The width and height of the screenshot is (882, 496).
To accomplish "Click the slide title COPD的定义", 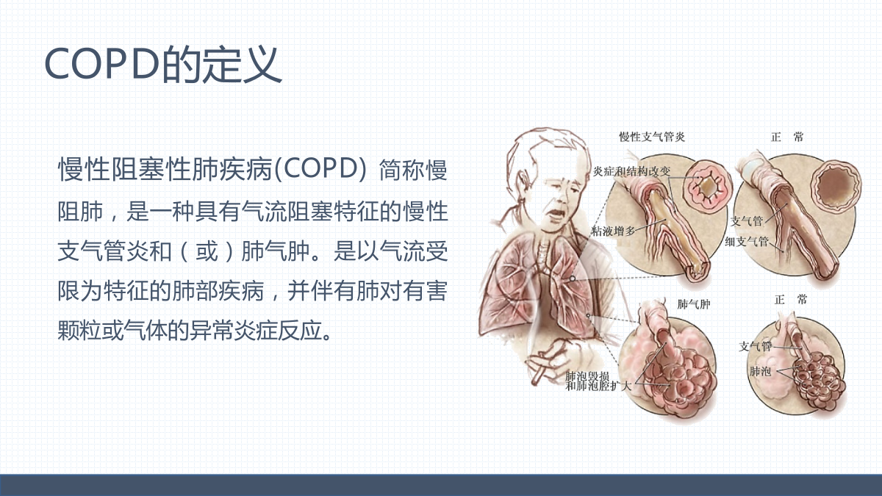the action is [x=163, y=65].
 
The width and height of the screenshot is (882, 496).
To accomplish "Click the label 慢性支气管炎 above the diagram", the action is [x=652, y=137].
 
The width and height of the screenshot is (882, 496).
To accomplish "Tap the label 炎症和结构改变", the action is [x=631, y=171].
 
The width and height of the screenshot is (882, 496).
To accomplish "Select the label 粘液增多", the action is [x=613, y=231].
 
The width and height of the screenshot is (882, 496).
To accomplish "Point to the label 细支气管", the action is [x=747, y=241].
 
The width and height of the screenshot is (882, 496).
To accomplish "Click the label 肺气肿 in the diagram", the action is [x=694, y=304].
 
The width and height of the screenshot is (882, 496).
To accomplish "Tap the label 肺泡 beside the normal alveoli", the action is [x=760, y=371].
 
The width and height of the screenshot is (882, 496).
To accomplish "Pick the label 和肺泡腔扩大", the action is [x=598, y=387].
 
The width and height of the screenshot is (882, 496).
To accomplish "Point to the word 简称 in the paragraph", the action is [x=402, y=170].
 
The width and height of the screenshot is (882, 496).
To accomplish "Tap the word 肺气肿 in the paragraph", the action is [x=276, y=251].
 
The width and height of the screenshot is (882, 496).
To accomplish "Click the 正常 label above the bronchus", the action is [x=786, y=137].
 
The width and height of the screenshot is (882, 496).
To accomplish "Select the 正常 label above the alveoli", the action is [x=791, y=300].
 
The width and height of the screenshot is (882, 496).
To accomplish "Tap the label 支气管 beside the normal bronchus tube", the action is [x=747, y=221].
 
